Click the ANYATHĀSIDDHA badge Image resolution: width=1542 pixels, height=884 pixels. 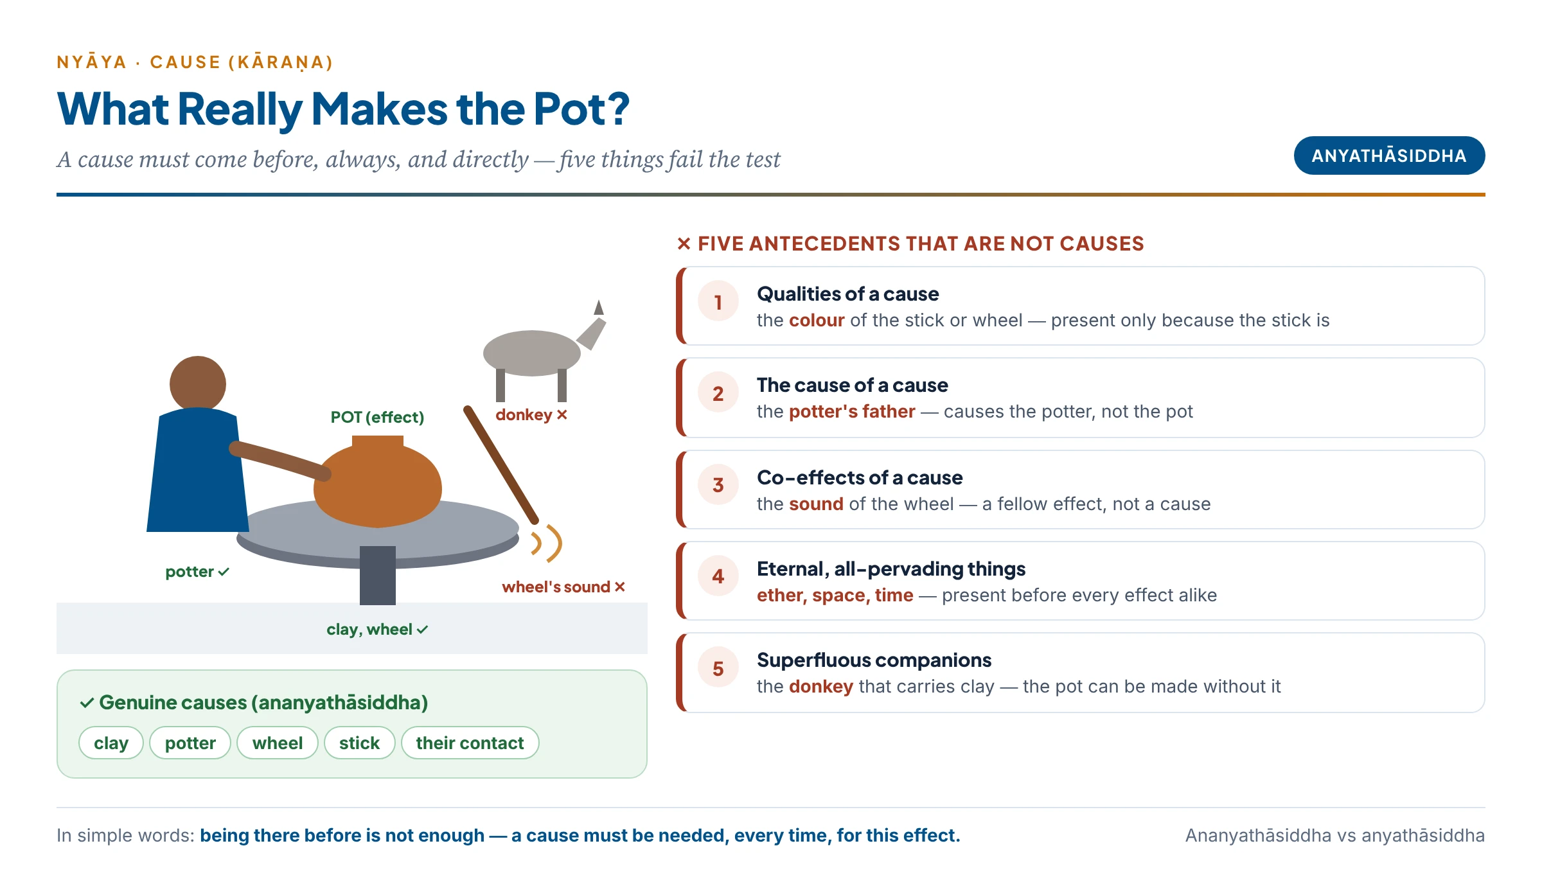tap(1389, 155)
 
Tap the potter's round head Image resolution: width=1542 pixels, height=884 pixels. tap(198, 384)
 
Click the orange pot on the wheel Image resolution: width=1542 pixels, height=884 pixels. tap(378, 481)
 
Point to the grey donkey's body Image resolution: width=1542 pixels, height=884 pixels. tap(532, 353)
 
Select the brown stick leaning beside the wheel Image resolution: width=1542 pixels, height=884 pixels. tap(501, 464)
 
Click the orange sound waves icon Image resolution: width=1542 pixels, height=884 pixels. tap(547, 544)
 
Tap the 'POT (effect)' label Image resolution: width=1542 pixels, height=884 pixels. tap(378, 417)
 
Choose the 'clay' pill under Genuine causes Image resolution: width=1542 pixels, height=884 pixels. tap(111, 743)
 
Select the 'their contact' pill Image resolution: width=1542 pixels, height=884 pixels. tap(470, 743)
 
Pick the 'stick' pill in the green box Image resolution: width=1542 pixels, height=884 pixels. tap(360, 743)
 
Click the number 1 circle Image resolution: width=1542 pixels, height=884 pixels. tap(718, 301)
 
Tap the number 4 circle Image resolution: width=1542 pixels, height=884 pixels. tap(718, 576)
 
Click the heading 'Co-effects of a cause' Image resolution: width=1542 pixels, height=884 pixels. tap(860, 477)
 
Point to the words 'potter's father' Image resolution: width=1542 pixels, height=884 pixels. tap(852, 411)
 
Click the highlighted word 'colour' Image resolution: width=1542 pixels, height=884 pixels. tap(817, 320)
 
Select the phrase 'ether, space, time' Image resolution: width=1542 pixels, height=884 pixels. tap(835, 595)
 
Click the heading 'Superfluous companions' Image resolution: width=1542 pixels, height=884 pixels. tap(874, 660)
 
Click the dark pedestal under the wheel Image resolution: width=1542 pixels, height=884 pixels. tap(378, 576)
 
